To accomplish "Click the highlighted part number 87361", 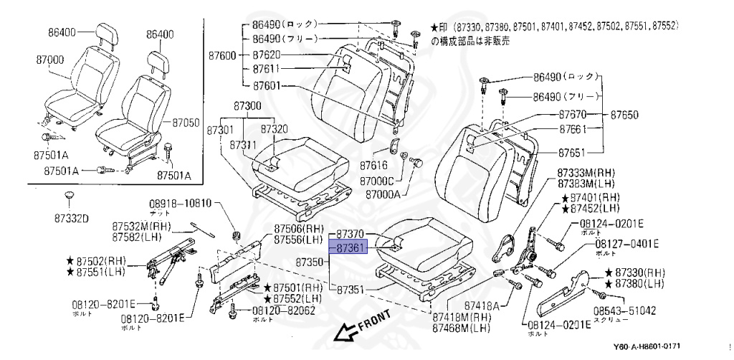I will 349,248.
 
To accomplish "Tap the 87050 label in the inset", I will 186,123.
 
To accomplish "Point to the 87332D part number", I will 70,219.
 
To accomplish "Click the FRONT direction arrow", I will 347,330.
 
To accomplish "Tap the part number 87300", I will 247,105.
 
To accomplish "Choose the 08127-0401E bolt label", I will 626,244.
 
